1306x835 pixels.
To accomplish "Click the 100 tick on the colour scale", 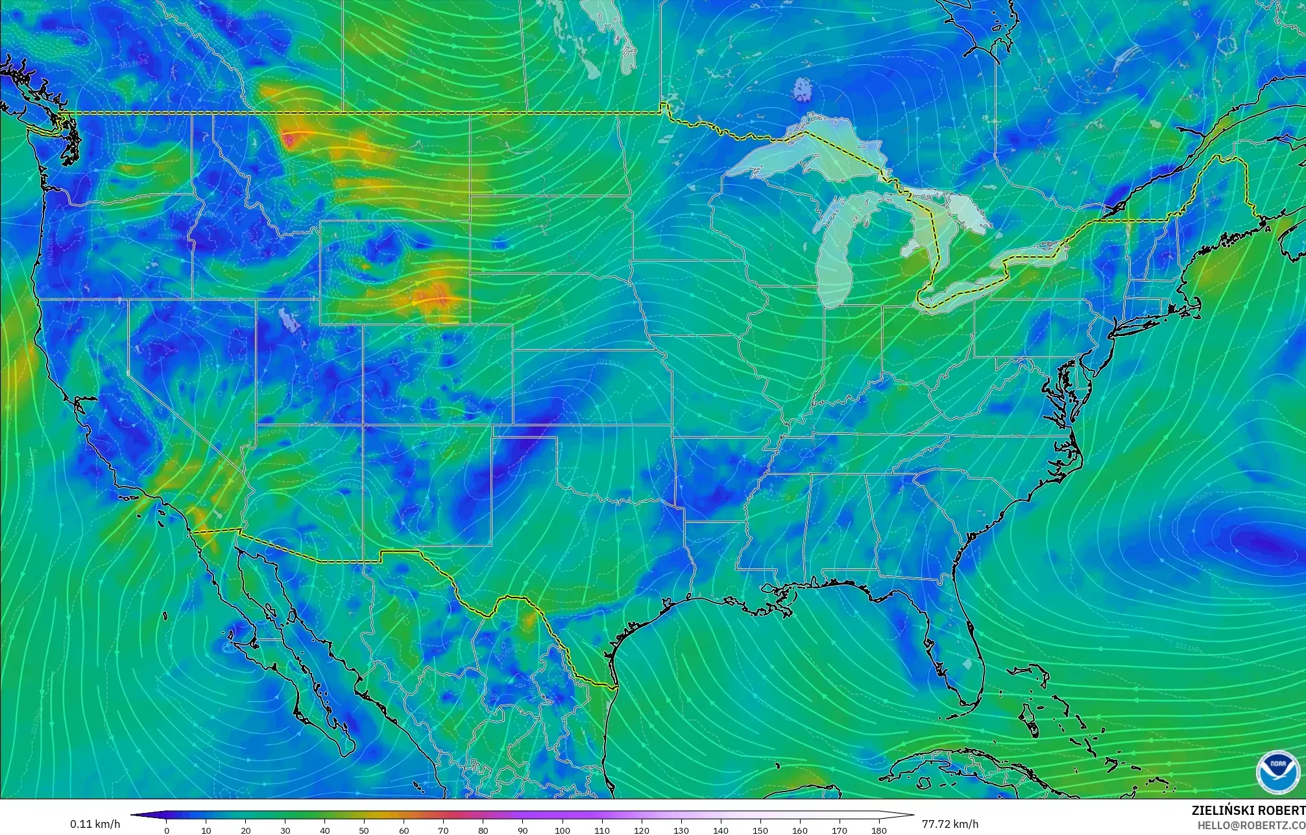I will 562,830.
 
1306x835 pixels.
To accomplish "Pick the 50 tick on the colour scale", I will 365,830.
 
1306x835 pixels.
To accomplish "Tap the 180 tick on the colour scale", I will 878,830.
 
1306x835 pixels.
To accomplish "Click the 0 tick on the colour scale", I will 167,830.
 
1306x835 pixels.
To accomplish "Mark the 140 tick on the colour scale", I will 720,830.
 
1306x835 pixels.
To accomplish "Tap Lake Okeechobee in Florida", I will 968,664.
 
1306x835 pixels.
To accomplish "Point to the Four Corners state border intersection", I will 363,425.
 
